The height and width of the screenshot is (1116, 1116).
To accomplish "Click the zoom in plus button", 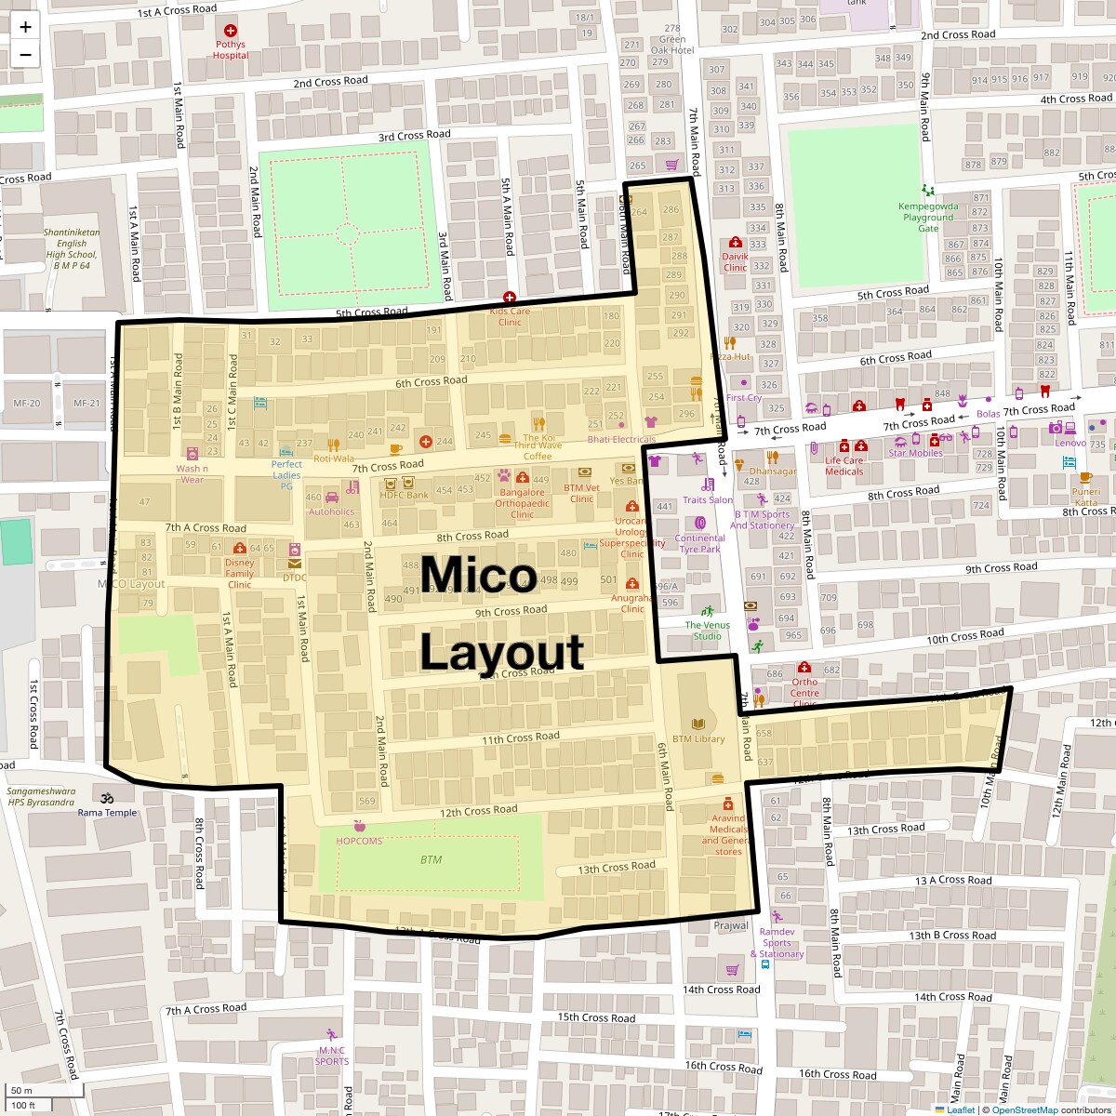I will click(25, 26).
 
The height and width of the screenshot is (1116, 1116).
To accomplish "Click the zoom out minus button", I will click(25, 55).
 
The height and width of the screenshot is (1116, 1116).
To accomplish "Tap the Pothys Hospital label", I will click(231, 49).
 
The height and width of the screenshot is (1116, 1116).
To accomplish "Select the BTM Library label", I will click(697, 739).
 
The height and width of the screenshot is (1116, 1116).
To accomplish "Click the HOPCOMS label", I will click(359, 841).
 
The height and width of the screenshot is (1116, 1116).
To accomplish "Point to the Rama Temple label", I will click(107, 812).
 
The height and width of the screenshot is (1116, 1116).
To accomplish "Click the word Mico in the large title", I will click(478, 576).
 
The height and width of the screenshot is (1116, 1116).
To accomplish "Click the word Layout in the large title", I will click(501, 652).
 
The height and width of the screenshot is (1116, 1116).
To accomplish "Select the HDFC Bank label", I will click(404, 495).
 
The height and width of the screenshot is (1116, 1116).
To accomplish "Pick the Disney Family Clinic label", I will click(239, 573).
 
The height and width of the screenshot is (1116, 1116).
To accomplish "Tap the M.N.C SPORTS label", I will click(331, 1056).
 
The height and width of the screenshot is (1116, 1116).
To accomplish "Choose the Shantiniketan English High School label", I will click(72, 249).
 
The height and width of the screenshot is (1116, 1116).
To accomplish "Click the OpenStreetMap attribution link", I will click(1024, 1109).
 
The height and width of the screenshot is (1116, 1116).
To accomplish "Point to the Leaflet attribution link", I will click(960, 1109).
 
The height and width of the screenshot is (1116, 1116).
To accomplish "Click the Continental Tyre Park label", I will click(699, 543).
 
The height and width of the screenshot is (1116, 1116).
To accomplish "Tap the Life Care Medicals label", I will click(844, 465).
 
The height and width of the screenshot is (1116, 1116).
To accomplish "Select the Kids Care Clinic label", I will click(510, 316).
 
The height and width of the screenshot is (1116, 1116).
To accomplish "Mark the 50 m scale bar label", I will click(21, 1091).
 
